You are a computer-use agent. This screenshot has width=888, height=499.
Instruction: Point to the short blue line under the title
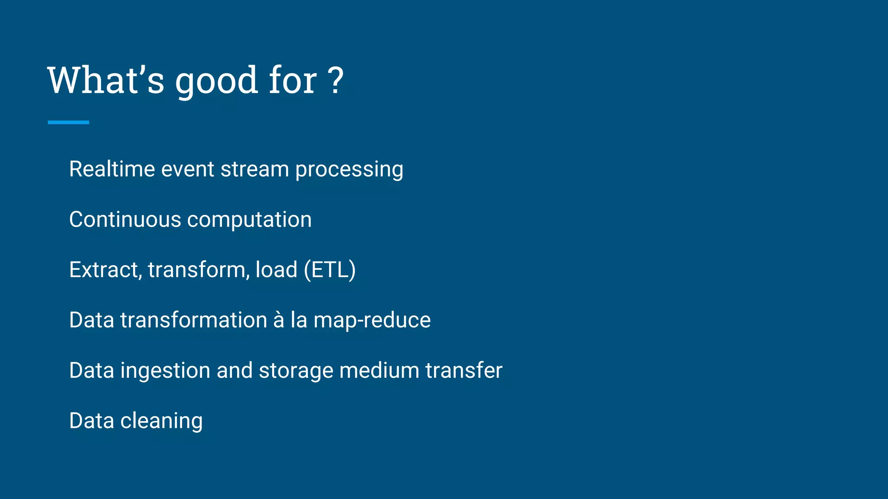tap(69, 123)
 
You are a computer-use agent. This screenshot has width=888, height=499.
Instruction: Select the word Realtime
tap(112, 169)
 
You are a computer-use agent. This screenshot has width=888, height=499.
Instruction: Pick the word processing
tap(349, 170)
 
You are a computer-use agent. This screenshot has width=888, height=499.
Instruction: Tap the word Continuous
tap(125, 219)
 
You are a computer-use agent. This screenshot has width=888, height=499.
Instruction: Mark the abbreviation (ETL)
tap(330, 270)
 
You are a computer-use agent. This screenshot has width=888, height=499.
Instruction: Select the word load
tap(276, 269)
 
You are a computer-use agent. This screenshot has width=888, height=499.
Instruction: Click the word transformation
tap(193, 320)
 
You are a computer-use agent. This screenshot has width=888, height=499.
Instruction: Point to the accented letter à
tap(278, 320)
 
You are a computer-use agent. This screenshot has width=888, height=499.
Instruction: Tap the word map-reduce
tap(372, 321)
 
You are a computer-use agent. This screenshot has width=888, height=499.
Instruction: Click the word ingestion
tap(165, 371)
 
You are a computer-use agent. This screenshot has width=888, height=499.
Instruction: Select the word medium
tap(379, 370)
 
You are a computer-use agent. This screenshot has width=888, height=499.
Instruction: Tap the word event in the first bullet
tap(188, 169)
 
